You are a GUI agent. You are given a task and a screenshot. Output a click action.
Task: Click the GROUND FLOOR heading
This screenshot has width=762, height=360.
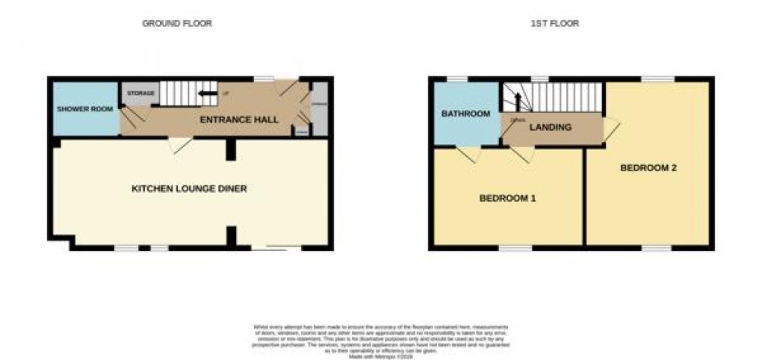pyautogui.click(x=177, y=24)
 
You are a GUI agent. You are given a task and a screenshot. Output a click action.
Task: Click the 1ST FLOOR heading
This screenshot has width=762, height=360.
pyautogui.click(x=554, y=24)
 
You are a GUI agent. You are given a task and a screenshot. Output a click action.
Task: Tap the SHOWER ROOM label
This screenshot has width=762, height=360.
pyautogui.click(x=85, y=109)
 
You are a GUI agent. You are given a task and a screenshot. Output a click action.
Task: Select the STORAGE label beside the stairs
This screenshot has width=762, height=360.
pyautogui.click(x=140, y=93)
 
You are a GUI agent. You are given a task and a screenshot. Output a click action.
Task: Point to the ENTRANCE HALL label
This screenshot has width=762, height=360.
pyautogui.click(x=239, y=120)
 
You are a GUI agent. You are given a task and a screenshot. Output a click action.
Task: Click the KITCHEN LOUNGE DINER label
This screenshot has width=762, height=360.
pyautogui.click(x=189, y=189)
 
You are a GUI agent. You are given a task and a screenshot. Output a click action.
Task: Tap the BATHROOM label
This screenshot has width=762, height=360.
pyautogui.click(x=465, y=114)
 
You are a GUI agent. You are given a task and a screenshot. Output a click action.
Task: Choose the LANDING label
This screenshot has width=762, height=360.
pyautogui.click(x=551, y=128)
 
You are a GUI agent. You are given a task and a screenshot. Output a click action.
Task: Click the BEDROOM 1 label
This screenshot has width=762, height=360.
pyautogui.click(x=507, y=199)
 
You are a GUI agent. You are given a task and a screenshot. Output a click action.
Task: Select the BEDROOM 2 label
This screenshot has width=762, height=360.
pyautogui.click(x=648, y=168)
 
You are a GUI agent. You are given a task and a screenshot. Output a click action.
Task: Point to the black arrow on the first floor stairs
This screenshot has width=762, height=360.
pyautogui.click(x=517, y=103)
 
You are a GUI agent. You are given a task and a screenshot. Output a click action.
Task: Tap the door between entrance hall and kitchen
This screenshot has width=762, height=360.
pyautogui.click(x=179, y=145)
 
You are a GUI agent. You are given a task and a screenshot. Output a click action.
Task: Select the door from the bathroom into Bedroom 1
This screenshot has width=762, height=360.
pyautogui.click(x=468, y=154)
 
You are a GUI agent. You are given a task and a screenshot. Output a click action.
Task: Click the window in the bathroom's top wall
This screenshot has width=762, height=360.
pyautogui.click(x=457, y=78)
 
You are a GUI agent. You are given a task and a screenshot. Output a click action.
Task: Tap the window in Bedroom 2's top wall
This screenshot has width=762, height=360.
pyautogui.click(x=658, y=78)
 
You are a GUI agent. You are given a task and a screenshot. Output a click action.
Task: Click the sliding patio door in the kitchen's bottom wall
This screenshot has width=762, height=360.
pyautogui.click(x=276, y=247)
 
